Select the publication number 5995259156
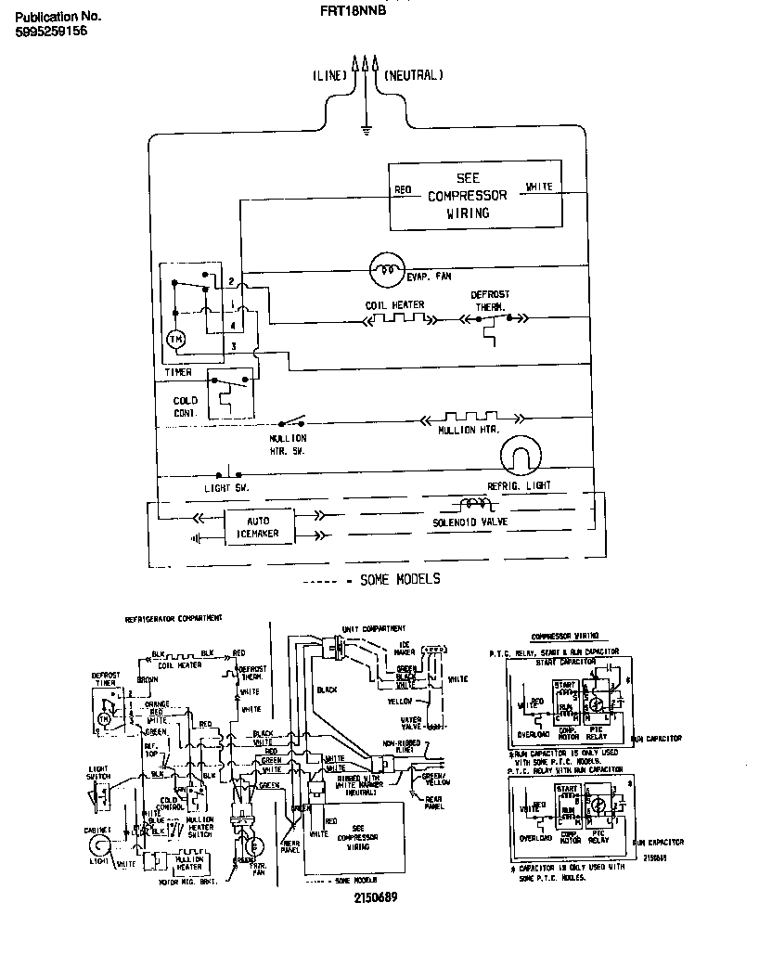point(52,31)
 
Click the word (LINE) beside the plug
point(329,75)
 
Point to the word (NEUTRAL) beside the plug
point(414,75)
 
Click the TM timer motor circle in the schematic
point(175,341)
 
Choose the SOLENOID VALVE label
point(473,522)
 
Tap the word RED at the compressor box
point(403,190)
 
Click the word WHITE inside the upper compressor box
point(539,187)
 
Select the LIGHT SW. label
point(226,487)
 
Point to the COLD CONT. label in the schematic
point(186,406)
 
